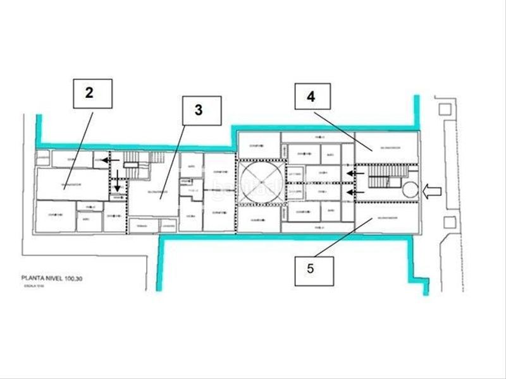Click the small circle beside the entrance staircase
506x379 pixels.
point(409,188)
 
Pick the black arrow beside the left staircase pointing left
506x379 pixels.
point(111,161)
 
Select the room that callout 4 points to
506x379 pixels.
point(386,148)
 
